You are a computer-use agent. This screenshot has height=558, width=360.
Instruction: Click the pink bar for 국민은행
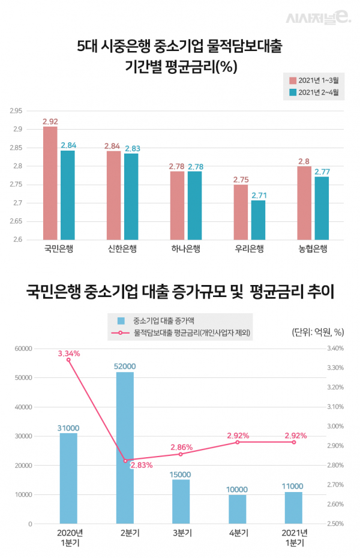[x=50, y=183]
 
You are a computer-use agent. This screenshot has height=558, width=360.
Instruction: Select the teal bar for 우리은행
[x=258, y=220]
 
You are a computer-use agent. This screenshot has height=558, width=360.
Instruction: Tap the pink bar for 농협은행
[x=304, y=203]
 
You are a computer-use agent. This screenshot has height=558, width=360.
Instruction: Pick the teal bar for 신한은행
[x=131, y=197]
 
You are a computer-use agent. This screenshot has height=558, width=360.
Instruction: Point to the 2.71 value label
[x=258, y=195]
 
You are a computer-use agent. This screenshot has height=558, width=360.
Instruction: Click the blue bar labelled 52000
[x=125, y=448]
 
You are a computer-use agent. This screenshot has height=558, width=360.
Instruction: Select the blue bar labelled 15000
[x=181, y=502]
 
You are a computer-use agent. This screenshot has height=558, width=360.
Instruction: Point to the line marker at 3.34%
[x=68, y=359]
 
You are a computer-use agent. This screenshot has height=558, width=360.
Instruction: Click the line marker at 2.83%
[x=125, y=460]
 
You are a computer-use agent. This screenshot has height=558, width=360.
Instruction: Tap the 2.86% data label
[x=181, y=447]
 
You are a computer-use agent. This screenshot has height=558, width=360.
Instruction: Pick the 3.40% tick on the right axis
[x=334, y=348]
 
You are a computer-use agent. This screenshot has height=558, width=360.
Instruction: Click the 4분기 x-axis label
[x=238, y=533]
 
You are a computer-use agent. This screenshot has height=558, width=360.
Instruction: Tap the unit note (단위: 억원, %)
[x=317, y=332]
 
